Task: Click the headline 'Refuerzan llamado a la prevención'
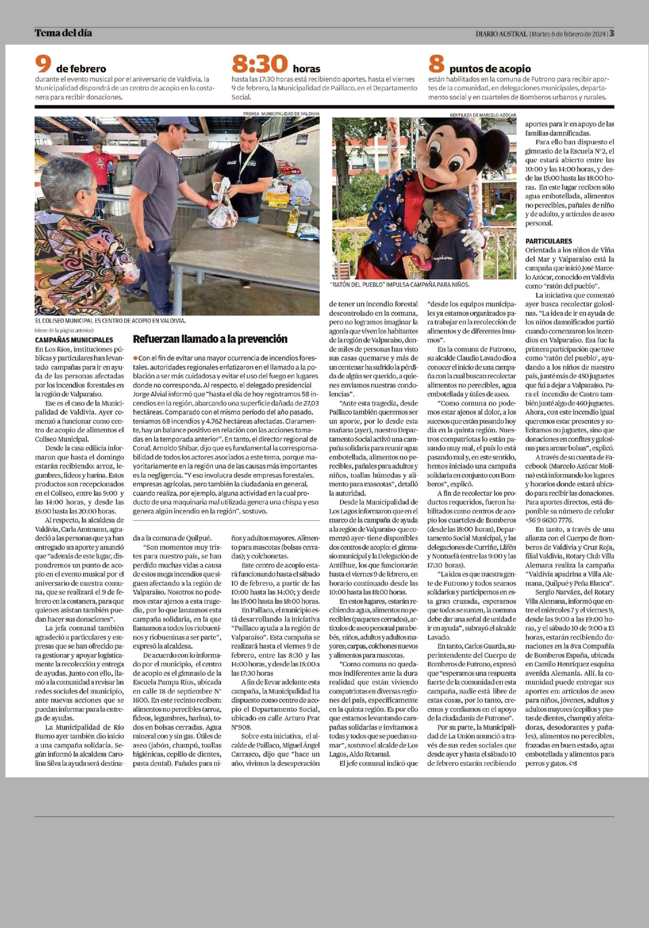pos(210,339)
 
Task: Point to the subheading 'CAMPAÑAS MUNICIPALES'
pos(74,340)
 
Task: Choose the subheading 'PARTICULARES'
pos(543,241)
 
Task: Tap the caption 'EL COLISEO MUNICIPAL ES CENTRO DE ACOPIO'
pos(110,321)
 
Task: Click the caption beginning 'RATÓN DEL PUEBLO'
pos(400,285)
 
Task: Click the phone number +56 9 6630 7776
pos(549,520)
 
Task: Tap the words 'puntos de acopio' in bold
pos(490,69)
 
